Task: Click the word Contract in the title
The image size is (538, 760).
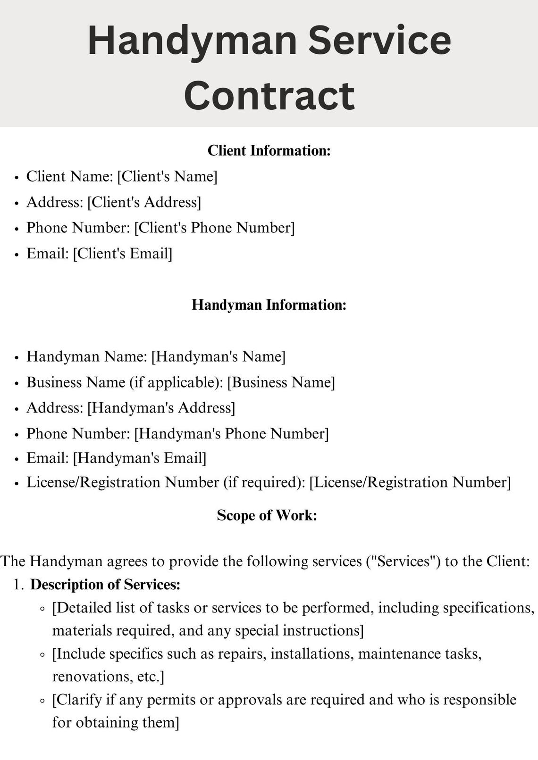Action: pyautogui.click(x=269, y=96)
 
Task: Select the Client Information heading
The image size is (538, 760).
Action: pyautogui.click(x=269, y=150)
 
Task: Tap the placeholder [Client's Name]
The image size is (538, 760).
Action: pyautogui.click(x=167, y=176)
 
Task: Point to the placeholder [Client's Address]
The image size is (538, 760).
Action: pyautogui.click(x=144, y=202)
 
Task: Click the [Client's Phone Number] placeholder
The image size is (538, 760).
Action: pyautogui.click(x=214, y=228)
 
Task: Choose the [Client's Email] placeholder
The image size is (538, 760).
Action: pyautogui.click(x=122, y=254)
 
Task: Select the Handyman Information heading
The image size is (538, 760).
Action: pyautogui.click(x=269, y=305)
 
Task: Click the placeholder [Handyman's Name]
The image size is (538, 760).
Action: pyautogui.click(x=218, y=356)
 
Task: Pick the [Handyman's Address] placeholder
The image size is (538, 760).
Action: pyautogui.click(x=161, y=408)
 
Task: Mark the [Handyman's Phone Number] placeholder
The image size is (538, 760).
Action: pyautogui.click(x=231, y=433)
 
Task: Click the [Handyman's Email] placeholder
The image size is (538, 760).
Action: pyautogui.click(x=139, y=458)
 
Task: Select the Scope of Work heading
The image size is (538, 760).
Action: pyautogui.click(x=267, y=515)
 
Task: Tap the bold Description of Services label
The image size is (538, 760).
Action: pyautogui.click(x=105, y=585)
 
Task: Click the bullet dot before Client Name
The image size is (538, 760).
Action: pyautogui.click(x=17, y=178)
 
